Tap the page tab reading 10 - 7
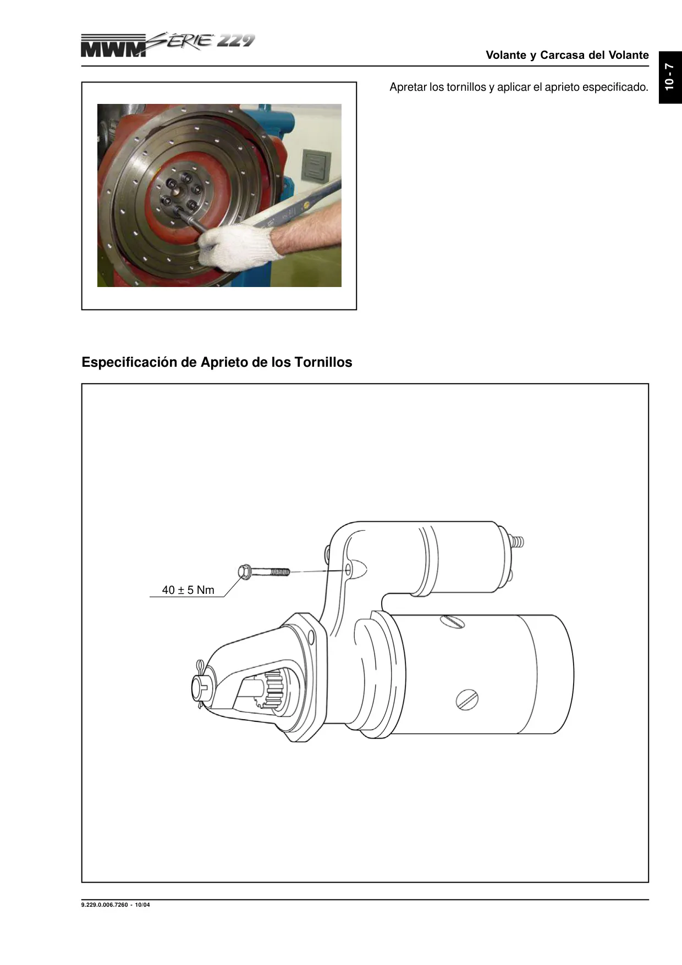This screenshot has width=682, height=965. click(x=670, y=77)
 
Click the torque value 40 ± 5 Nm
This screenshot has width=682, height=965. click(x=188, y=590)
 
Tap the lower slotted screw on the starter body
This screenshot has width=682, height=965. click(x=467, y=700)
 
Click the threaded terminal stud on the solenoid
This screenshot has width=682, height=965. click(x=518, y=541)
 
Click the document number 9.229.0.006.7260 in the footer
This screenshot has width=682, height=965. click(x=105, y=905)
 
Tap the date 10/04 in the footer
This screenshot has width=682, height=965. click(x=142, y=905)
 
